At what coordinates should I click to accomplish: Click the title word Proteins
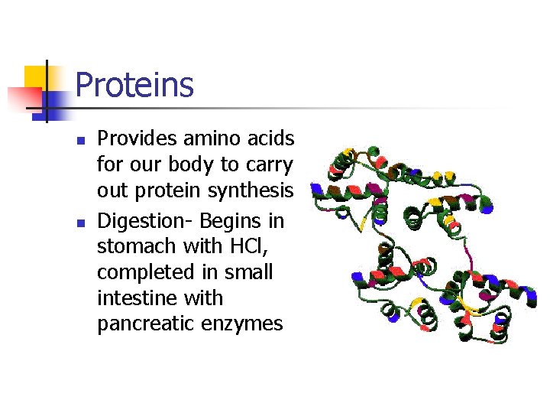click(x=134, y=84)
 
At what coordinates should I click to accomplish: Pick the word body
click(x=199, y=164)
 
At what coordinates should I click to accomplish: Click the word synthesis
click(x=254, y=190)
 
